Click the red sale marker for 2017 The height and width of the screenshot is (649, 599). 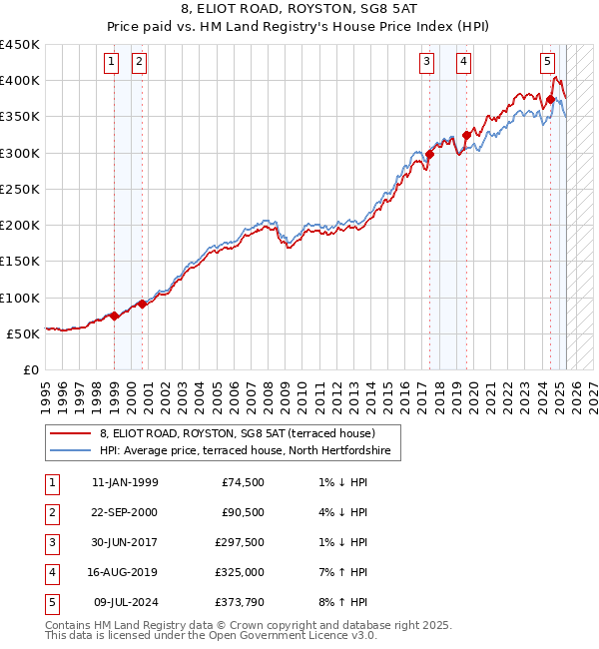430,154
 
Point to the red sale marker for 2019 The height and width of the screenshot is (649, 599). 466,135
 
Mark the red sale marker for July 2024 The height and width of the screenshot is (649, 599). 550,99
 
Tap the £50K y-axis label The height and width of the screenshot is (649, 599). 24,333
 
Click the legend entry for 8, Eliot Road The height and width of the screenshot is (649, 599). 237,433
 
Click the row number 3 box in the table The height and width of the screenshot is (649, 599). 51,542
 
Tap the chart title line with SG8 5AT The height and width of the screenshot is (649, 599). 299,11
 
